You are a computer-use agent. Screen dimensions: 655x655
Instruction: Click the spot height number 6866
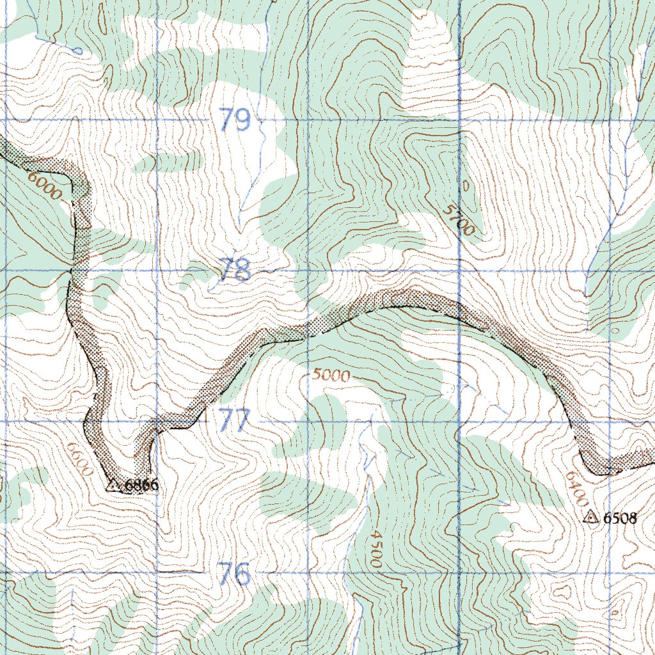pos(141,486)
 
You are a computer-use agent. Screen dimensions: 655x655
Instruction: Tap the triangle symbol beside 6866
pos(113,485)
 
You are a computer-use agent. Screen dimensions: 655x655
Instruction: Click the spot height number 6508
pos(620,519)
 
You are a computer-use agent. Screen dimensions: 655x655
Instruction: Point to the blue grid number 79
pos(234,120)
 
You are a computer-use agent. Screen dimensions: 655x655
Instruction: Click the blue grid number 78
pos(233,271)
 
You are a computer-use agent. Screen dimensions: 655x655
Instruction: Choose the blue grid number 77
pos(234,422)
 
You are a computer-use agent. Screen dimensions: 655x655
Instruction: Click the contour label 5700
pos(459,221)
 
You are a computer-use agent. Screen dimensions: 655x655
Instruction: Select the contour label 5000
pos(331,375)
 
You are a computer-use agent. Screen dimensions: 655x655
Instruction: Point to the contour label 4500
pos(375,549)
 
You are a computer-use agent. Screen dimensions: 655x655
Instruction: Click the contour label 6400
pos(576,486)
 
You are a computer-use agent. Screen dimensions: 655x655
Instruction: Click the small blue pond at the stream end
pos(77,49)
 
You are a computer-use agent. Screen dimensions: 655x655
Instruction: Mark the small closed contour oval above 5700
pos(465,186)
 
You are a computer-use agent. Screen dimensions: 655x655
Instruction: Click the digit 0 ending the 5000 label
pos(345,377)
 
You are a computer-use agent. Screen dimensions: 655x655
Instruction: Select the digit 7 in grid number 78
pos(226,271)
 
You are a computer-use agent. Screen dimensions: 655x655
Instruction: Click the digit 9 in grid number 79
pos(242,120)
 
